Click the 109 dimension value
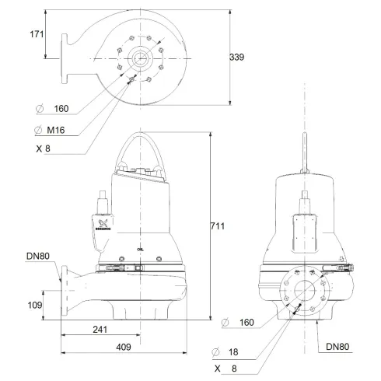34,306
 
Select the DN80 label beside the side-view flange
39,256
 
